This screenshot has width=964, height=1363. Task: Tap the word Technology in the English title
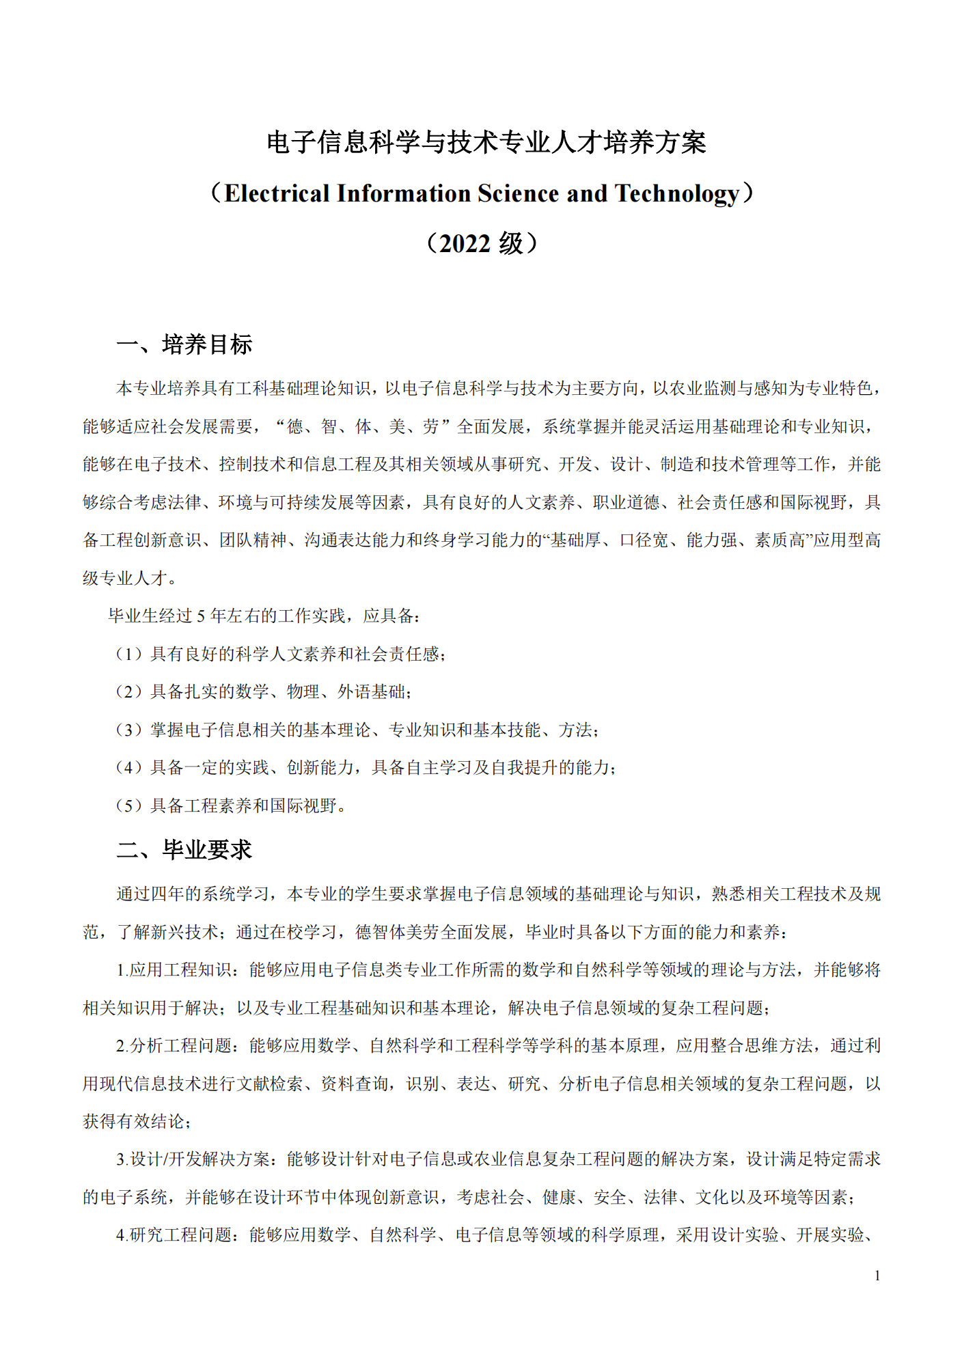(x=677, y=195)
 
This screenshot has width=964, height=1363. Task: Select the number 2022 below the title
(x=465, y=244)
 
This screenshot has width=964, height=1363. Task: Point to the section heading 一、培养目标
(x=184, y=344)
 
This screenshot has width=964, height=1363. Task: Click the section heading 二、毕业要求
(x=184, y=850)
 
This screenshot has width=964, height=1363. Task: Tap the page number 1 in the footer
(x=877, y=1276)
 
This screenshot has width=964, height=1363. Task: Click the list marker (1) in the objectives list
(x=128, y=655)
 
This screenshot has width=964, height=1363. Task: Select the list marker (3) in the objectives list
(x=128, y=730)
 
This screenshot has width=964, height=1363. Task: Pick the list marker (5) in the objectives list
(x=128, y=806)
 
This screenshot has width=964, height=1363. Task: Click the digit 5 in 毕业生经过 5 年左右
(x=201, y=616)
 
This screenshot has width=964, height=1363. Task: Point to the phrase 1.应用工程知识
(x=174, y=970)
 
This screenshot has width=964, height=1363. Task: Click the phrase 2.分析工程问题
(x=174, y=1046)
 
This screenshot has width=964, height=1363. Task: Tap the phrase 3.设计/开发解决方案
(x=193, y=1159)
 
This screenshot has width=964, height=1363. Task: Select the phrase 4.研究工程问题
(x=174, y=1235)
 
